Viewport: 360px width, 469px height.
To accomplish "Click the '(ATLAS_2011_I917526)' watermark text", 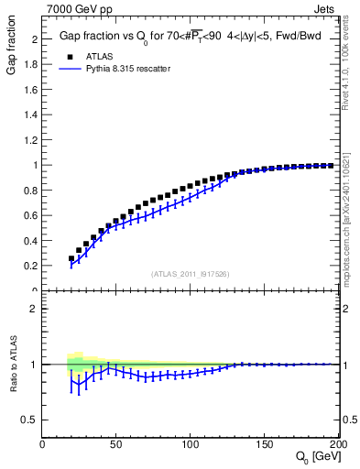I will [x=191, y=273].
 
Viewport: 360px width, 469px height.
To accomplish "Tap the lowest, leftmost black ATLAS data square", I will [x=71, y=258].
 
